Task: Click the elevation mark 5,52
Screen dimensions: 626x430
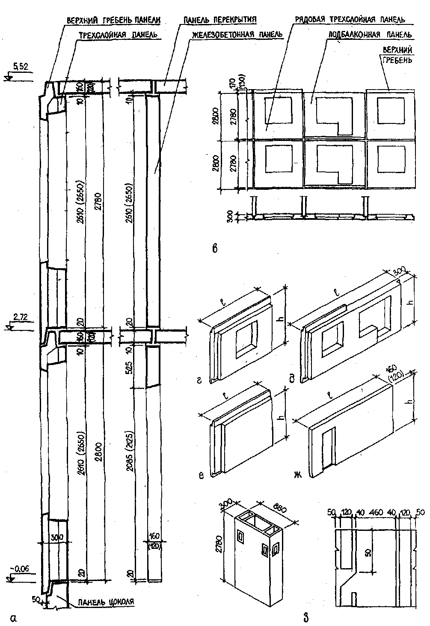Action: [x=21, y=66]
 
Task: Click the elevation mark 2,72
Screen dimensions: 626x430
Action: [x=20, y=317]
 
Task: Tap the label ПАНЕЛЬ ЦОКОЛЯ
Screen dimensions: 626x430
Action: [x=105, y=601]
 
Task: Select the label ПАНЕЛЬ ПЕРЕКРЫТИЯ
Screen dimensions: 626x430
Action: [x=219, y=20]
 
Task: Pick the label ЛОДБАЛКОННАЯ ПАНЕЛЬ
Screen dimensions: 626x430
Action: [x=369, y=34]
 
